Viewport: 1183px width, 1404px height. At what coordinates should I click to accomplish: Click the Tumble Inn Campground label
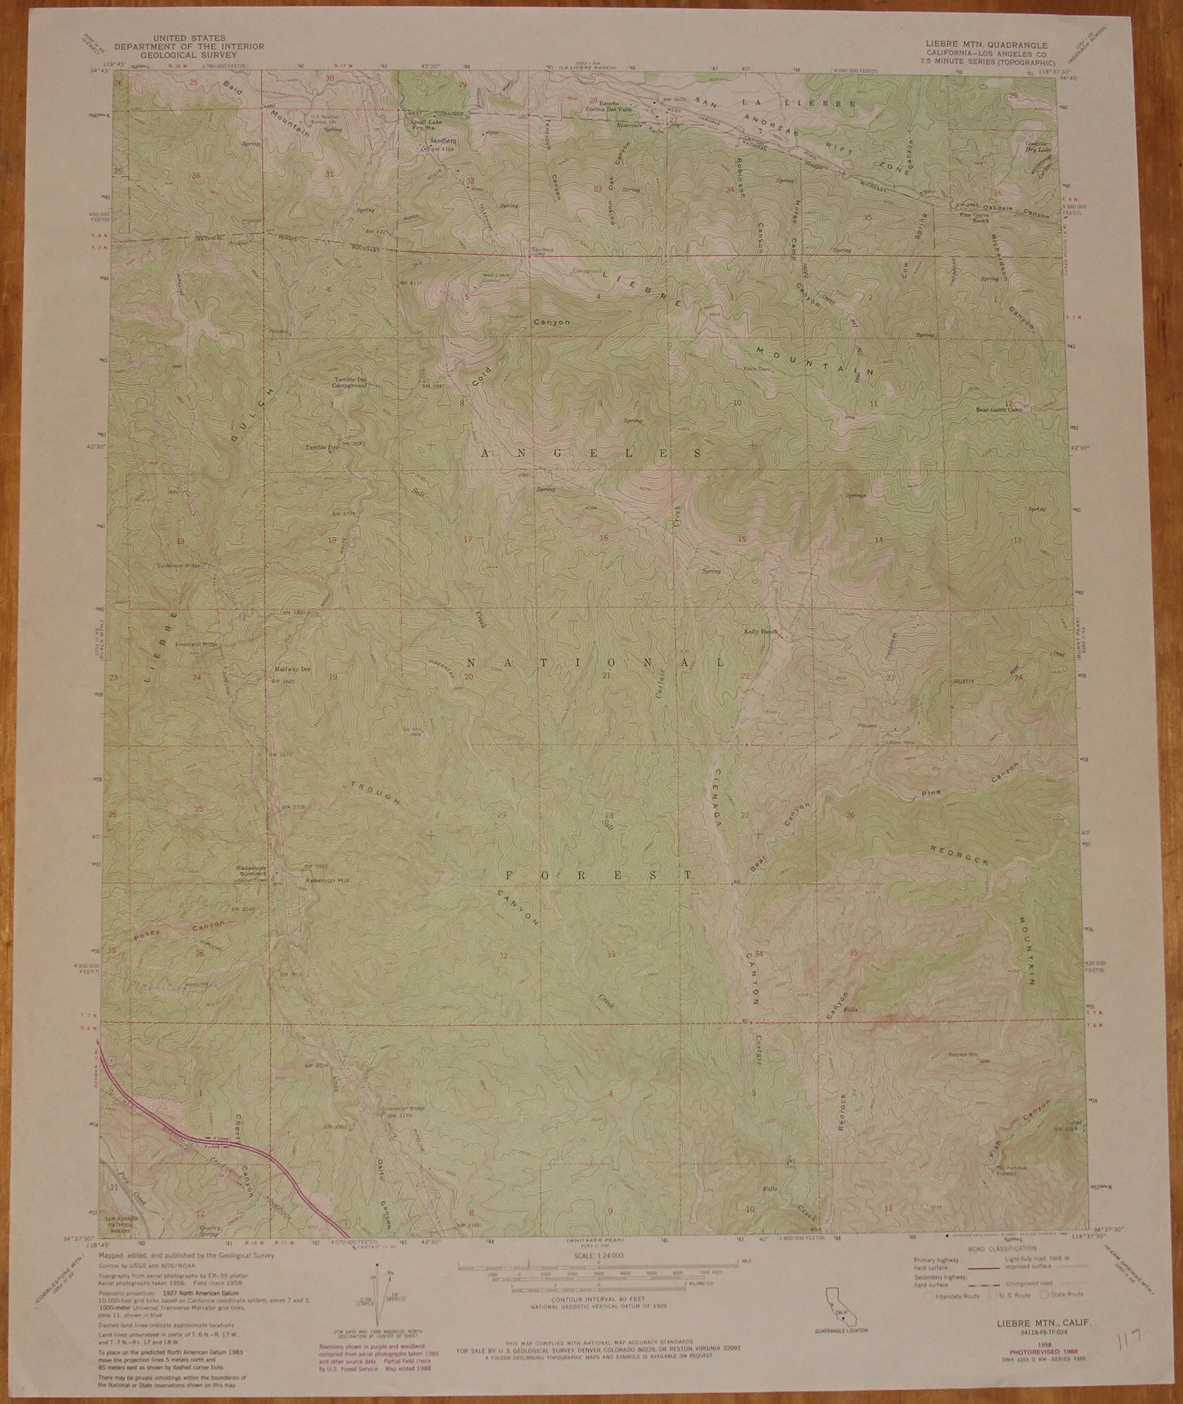(350, 383)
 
